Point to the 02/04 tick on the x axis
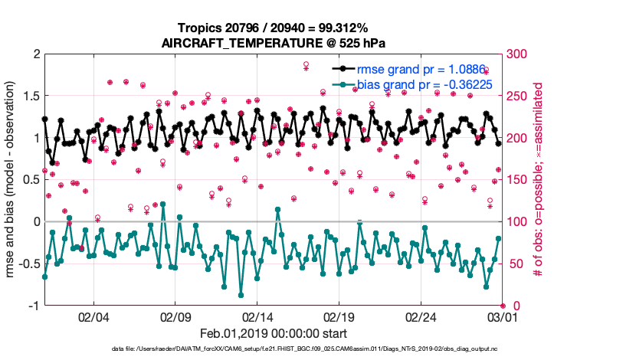coord(93,316)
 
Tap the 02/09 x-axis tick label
coord(175,316)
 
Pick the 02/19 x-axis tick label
coord(339,316)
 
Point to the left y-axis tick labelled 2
coord(35,54)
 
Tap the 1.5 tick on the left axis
coord(31,96)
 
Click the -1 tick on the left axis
coord(32,306)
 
